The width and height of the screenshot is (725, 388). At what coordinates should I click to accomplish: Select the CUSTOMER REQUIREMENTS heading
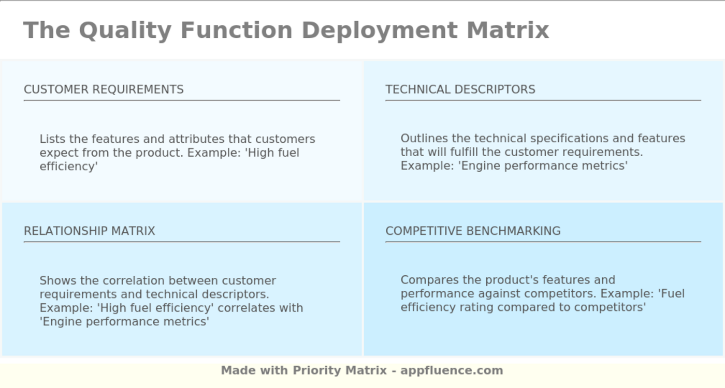tap(104, 89)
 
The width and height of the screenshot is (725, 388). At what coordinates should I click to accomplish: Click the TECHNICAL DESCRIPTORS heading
tap(460, 89)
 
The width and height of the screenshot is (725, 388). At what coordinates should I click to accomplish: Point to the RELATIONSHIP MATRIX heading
tap(90, 231)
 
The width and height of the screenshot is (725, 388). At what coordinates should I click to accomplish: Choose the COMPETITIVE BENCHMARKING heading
tap(473, 231)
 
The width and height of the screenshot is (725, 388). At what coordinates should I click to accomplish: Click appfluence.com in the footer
tap(452, 370)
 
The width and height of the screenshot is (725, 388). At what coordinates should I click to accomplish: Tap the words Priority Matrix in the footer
tap(340, 370)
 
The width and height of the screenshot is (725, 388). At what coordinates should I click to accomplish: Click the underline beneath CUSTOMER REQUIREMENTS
tap(182, 100)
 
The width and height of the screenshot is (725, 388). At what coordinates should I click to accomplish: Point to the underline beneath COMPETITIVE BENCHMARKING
tap(543, 242)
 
